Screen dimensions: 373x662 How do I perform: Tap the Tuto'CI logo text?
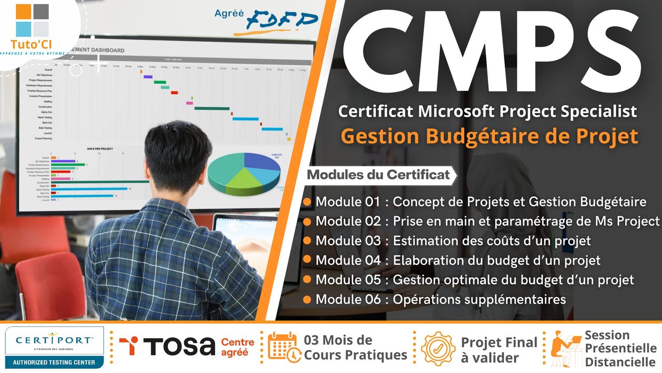coord(31,44)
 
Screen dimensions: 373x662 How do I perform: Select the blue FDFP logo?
coord(282,21)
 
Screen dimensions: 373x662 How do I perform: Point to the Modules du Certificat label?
coord(379,175)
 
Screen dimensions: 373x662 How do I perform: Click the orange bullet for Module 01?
coord(307,203)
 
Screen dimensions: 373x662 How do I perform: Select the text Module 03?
coord(348,241)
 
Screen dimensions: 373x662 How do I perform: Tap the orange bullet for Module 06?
coord(307,299)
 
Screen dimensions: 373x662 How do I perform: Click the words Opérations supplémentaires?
coord(479,299)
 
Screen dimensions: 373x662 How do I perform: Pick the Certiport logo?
coord(54,340)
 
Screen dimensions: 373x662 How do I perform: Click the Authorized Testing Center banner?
coord(54,362)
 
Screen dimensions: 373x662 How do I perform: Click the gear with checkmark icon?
coord(438,348)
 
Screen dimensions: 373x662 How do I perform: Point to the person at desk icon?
coord(566,348)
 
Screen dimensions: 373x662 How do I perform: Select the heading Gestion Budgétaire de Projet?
coord(490,136)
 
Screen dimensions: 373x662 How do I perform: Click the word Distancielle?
coord(620,362)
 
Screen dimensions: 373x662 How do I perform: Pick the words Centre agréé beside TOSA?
coord(238,347)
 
